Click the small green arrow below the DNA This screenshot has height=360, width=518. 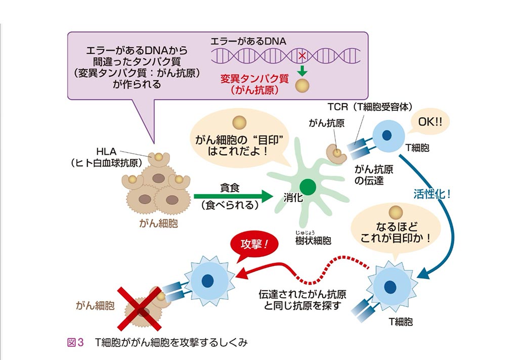[303, 69]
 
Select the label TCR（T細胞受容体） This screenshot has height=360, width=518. [371, 107]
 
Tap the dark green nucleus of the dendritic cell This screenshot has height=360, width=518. [309, 187]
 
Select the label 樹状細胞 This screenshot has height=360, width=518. [313, 241]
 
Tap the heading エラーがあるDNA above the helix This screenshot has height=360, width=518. [248, 42]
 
